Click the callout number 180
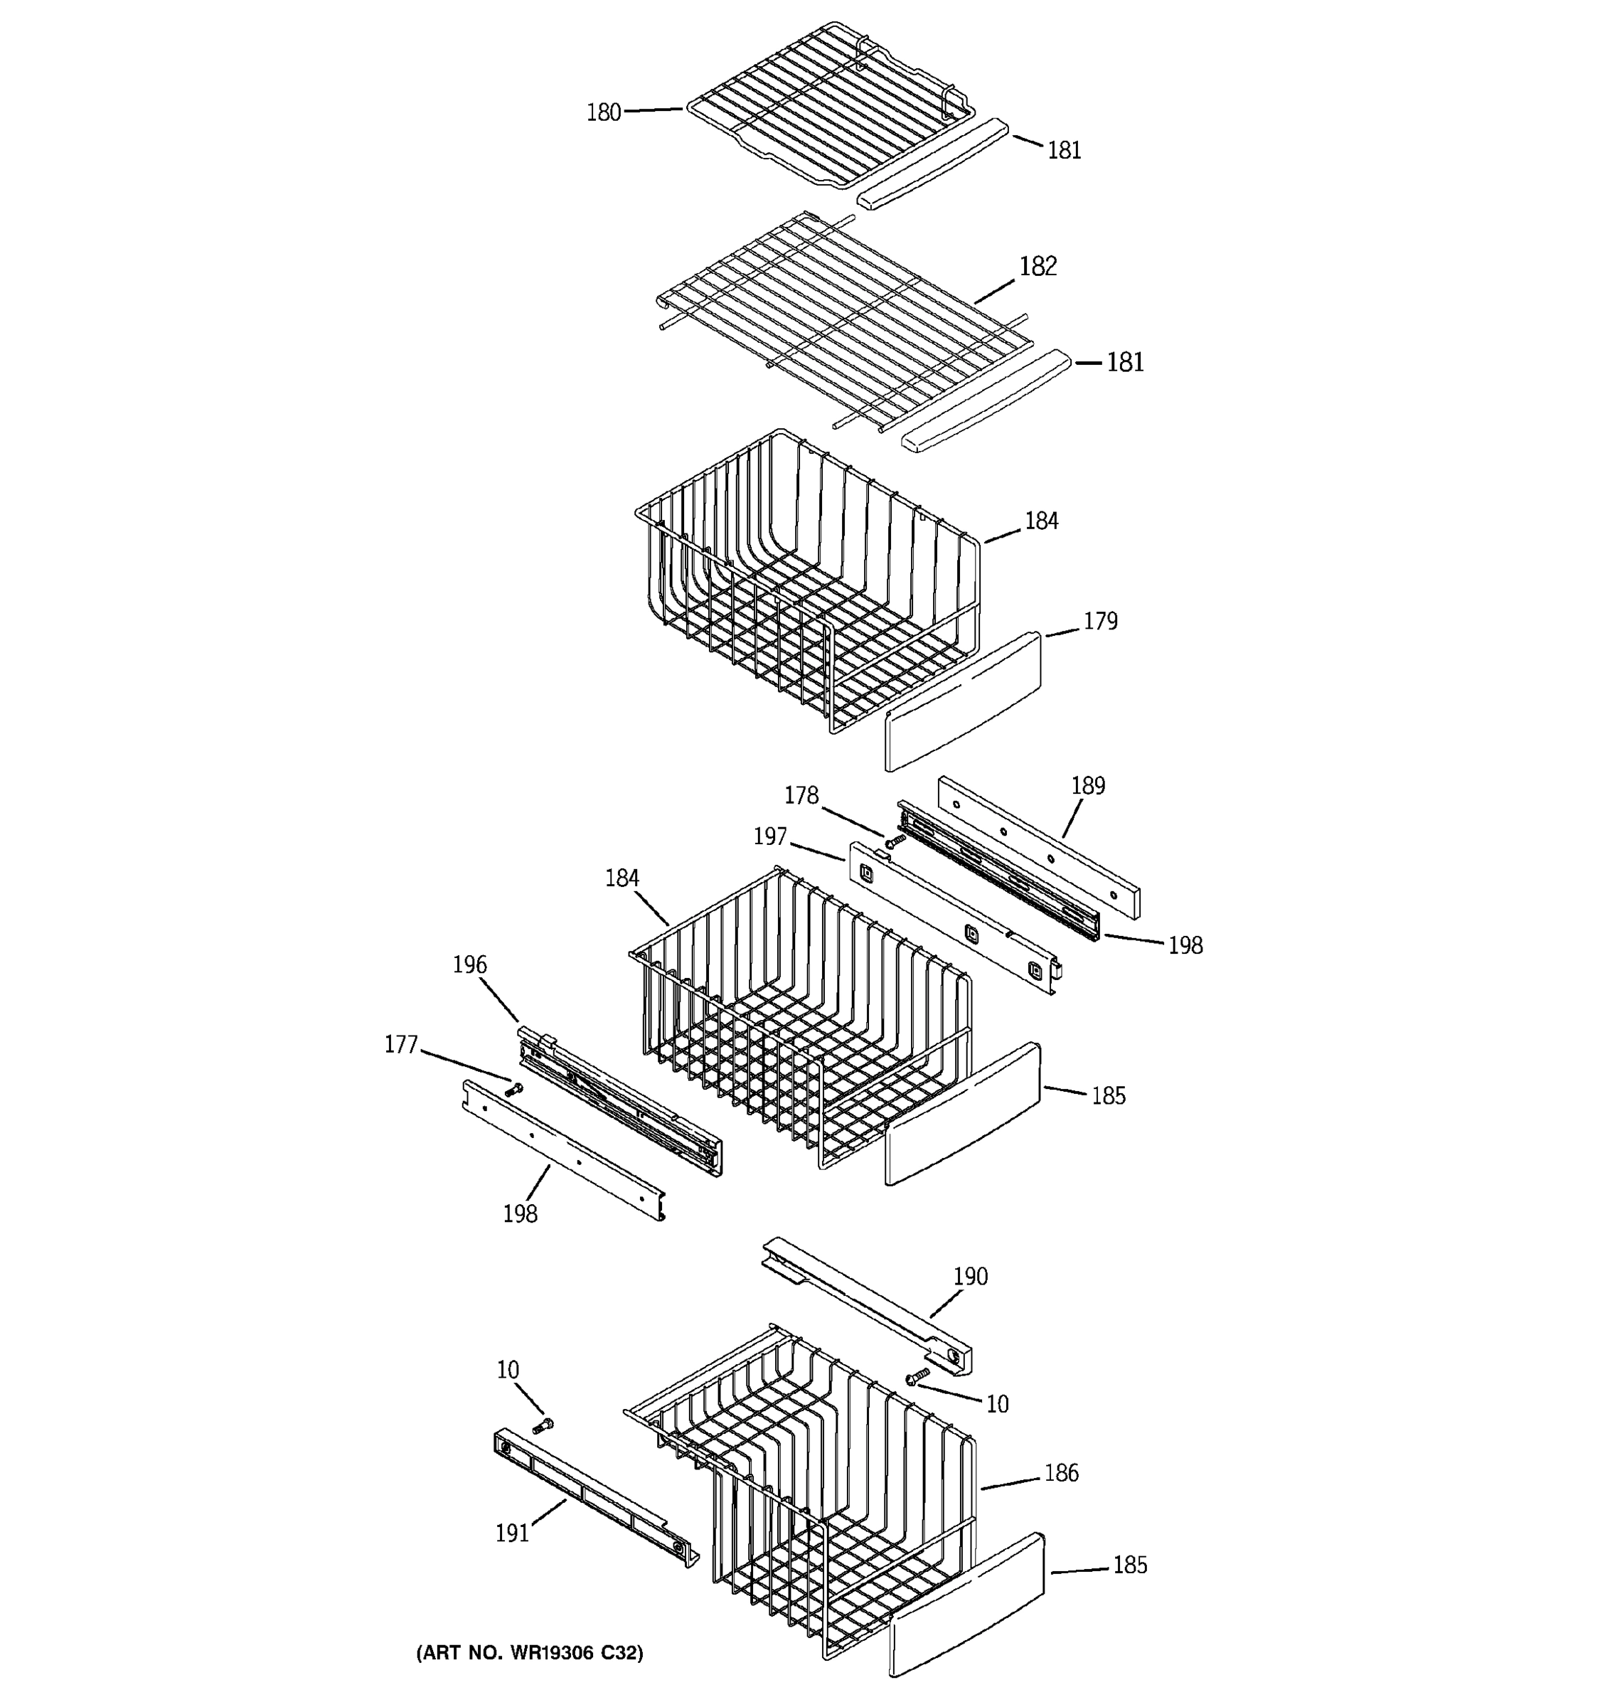pos(604,112)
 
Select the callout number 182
pos(1037,266)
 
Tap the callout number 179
pos(1099,621)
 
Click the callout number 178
pos(801,796)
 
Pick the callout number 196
pos(469,964)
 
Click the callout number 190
pos(970,1276)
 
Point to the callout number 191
pos(513,1533)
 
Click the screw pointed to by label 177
pos(514,1090)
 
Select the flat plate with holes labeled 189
pos(1039,846)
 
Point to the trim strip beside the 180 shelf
pos(934,163)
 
